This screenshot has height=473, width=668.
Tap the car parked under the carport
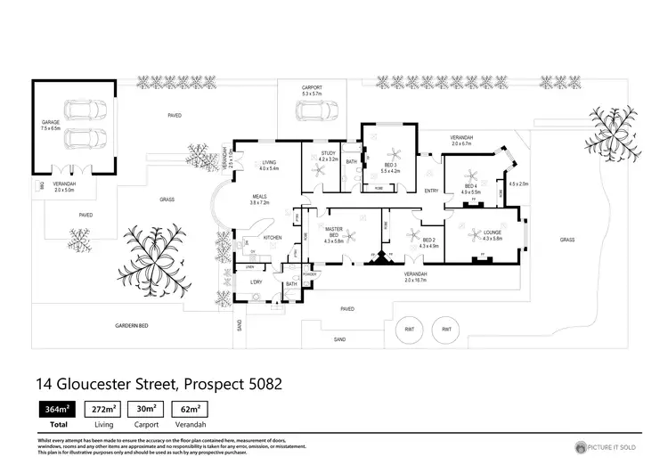(x=311, y=111)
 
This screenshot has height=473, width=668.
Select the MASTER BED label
(x=334, y=234)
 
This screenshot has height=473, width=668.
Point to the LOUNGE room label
(x=491, y=234)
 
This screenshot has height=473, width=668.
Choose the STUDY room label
(x=327, y=156)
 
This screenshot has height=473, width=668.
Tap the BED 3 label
(x=391, y=166)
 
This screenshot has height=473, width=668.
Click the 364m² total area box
(x=52, y=411)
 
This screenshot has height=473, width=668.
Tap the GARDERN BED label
(x=130, y=326)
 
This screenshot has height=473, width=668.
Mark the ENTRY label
(x=431, y=191)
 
